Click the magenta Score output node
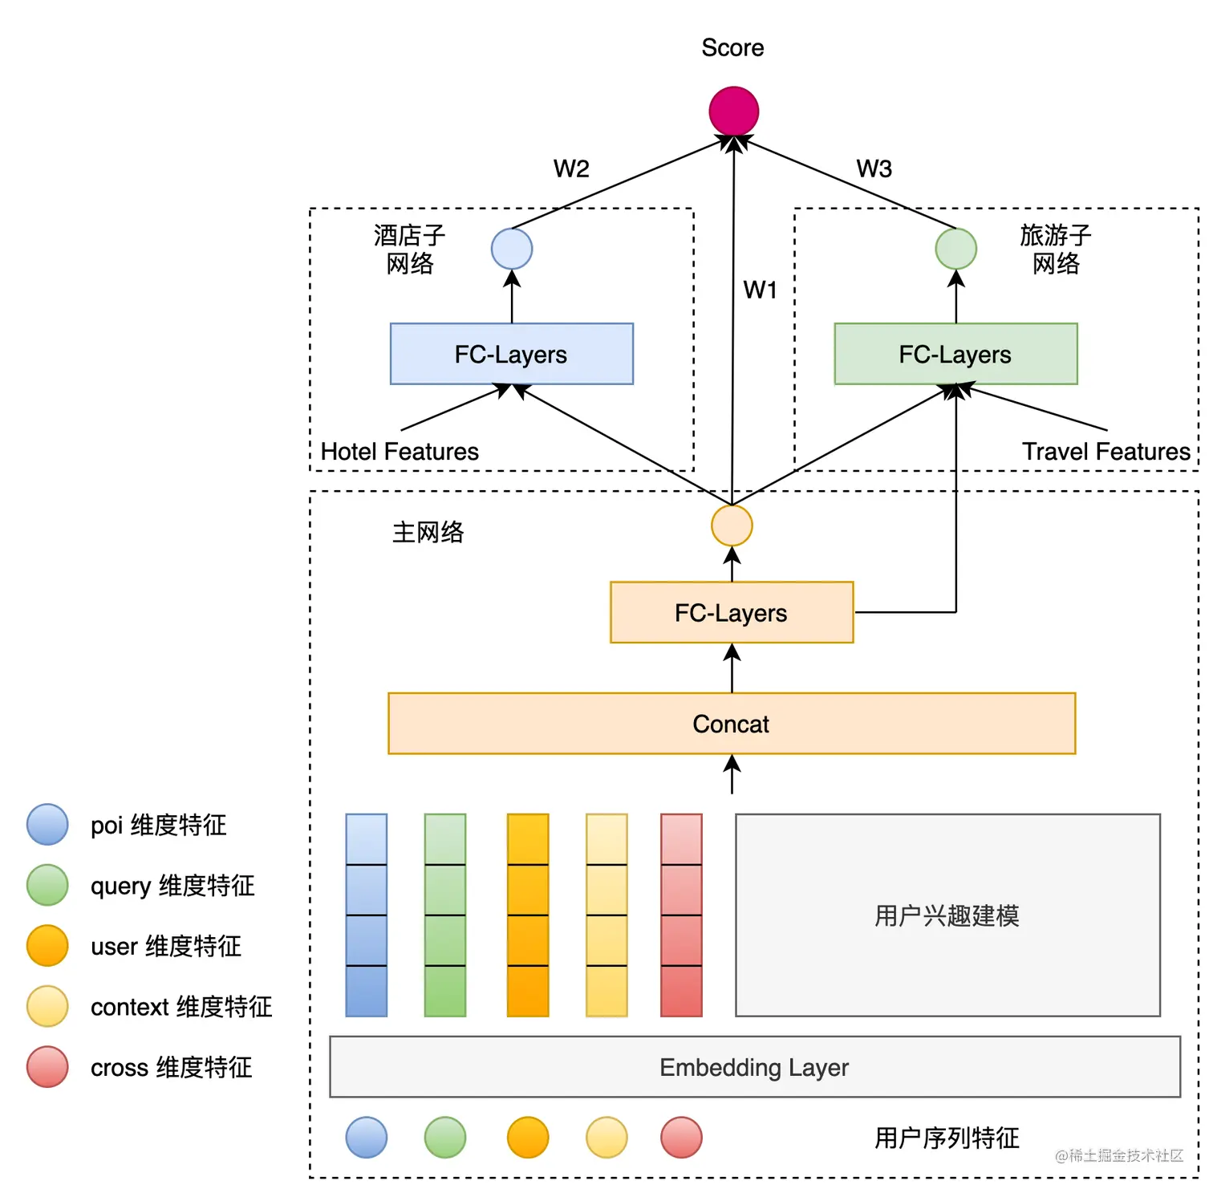point(733,111)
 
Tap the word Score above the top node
point(732,48)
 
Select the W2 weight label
point(571,168)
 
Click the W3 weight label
point(874,168)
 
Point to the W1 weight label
point(760,290)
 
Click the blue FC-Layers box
point(511,354)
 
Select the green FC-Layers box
point(955,354)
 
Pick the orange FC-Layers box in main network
point(731,612)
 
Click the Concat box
point(731,724)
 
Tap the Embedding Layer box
point(754,1067)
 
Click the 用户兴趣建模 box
point(947,915)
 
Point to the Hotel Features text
point(400,452)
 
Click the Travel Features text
point(1105,452)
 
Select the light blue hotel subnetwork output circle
point(512,249)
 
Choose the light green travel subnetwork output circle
point(955,249)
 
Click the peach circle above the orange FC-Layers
point(732,525)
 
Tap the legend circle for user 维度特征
point(47,946)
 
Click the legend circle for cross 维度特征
point(47,1067)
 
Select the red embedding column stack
point(681,915)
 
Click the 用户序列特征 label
point(947,1138)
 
